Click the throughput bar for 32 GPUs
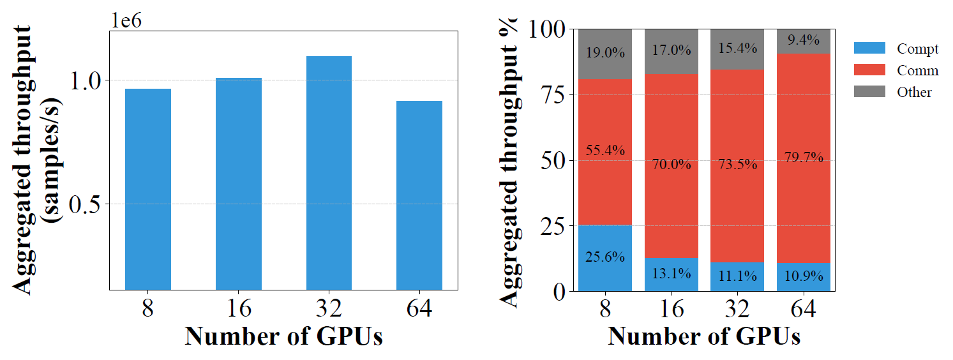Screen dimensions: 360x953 pos(329,173)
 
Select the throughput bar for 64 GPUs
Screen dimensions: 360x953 pos(419,195)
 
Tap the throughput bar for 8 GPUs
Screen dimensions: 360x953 pos(148,189)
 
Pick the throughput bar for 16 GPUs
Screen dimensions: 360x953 pos(239,184)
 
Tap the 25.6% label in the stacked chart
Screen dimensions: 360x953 pos(604,257)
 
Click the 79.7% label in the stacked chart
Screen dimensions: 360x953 pos(803,157)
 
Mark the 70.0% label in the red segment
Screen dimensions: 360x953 pos(672,165)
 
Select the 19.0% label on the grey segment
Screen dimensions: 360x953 pos(604,53)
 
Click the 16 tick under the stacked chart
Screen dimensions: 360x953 pos(672,310)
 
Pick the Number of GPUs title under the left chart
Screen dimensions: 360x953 pos(283,336)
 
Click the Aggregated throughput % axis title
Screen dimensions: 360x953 pos(509,163)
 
